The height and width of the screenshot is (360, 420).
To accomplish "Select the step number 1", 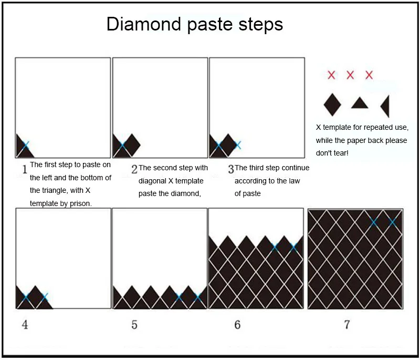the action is [24, 169].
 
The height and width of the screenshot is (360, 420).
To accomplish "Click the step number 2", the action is [134, 169].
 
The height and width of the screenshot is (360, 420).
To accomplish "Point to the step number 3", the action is [231, 169].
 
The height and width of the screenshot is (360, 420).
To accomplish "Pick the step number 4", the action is [25, 325].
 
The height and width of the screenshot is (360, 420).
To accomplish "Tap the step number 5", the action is [134, 325].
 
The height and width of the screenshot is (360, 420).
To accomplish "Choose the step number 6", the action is [237, 325].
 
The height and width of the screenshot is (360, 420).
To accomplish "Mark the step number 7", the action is [346, 325].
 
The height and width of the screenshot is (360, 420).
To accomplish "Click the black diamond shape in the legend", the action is [332, 104].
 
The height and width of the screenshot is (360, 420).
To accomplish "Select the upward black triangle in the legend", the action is [360, 103].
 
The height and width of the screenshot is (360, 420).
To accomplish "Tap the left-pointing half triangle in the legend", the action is [385, 106].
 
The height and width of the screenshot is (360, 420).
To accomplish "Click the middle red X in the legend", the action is [350, 75].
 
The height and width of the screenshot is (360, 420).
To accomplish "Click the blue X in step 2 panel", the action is [122, 145].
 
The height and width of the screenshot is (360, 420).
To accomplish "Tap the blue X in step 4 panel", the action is [44, 297].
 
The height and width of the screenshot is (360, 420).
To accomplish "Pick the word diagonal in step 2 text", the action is [153, 180].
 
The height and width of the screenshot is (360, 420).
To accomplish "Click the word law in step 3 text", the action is [297, 180].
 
